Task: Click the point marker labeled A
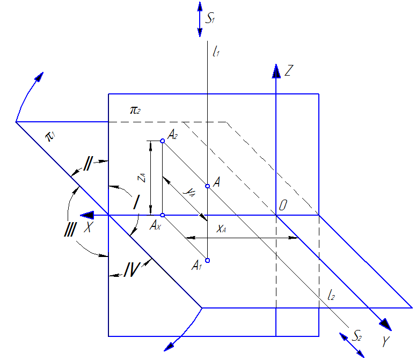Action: pos(208,186)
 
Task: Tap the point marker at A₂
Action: pos(162,141)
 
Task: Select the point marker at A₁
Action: pos(208,261)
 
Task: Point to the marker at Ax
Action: pos(162,215)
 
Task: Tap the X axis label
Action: pos(87,227)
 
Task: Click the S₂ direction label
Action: pos(357,336)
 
